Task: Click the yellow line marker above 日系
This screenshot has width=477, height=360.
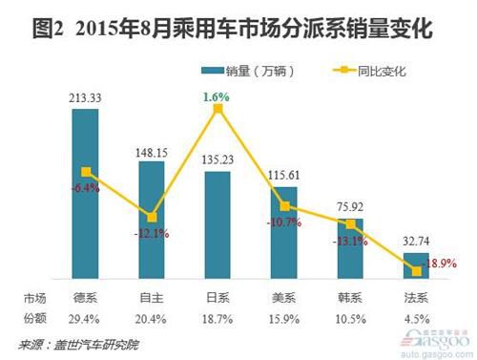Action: click(218, 110)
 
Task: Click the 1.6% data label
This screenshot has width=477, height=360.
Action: click(218, 95)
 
